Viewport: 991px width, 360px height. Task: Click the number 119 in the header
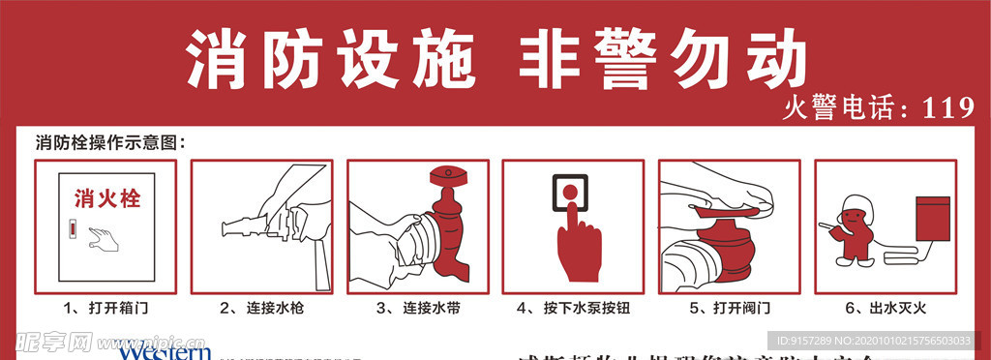click(x=947, y=109)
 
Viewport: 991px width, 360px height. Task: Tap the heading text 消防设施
click(x=330, y=59)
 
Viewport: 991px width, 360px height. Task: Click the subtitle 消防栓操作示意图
click(x=108, y=142)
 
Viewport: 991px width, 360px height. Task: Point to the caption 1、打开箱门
click(x=106, y=309)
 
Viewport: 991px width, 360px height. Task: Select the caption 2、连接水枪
click(x=261, y=309)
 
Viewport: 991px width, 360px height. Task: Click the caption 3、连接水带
click(x=418, y=309)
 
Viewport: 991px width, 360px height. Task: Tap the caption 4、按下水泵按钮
click(x=574, y=309)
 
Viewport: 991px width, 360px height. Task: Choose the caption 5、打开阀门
click(x=730, y=309)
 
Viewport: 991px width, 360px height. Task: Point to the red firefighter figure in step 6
click(x=856, y=231)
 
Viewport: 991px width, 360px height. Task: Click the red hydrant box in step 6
click(x=933, y=217)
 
